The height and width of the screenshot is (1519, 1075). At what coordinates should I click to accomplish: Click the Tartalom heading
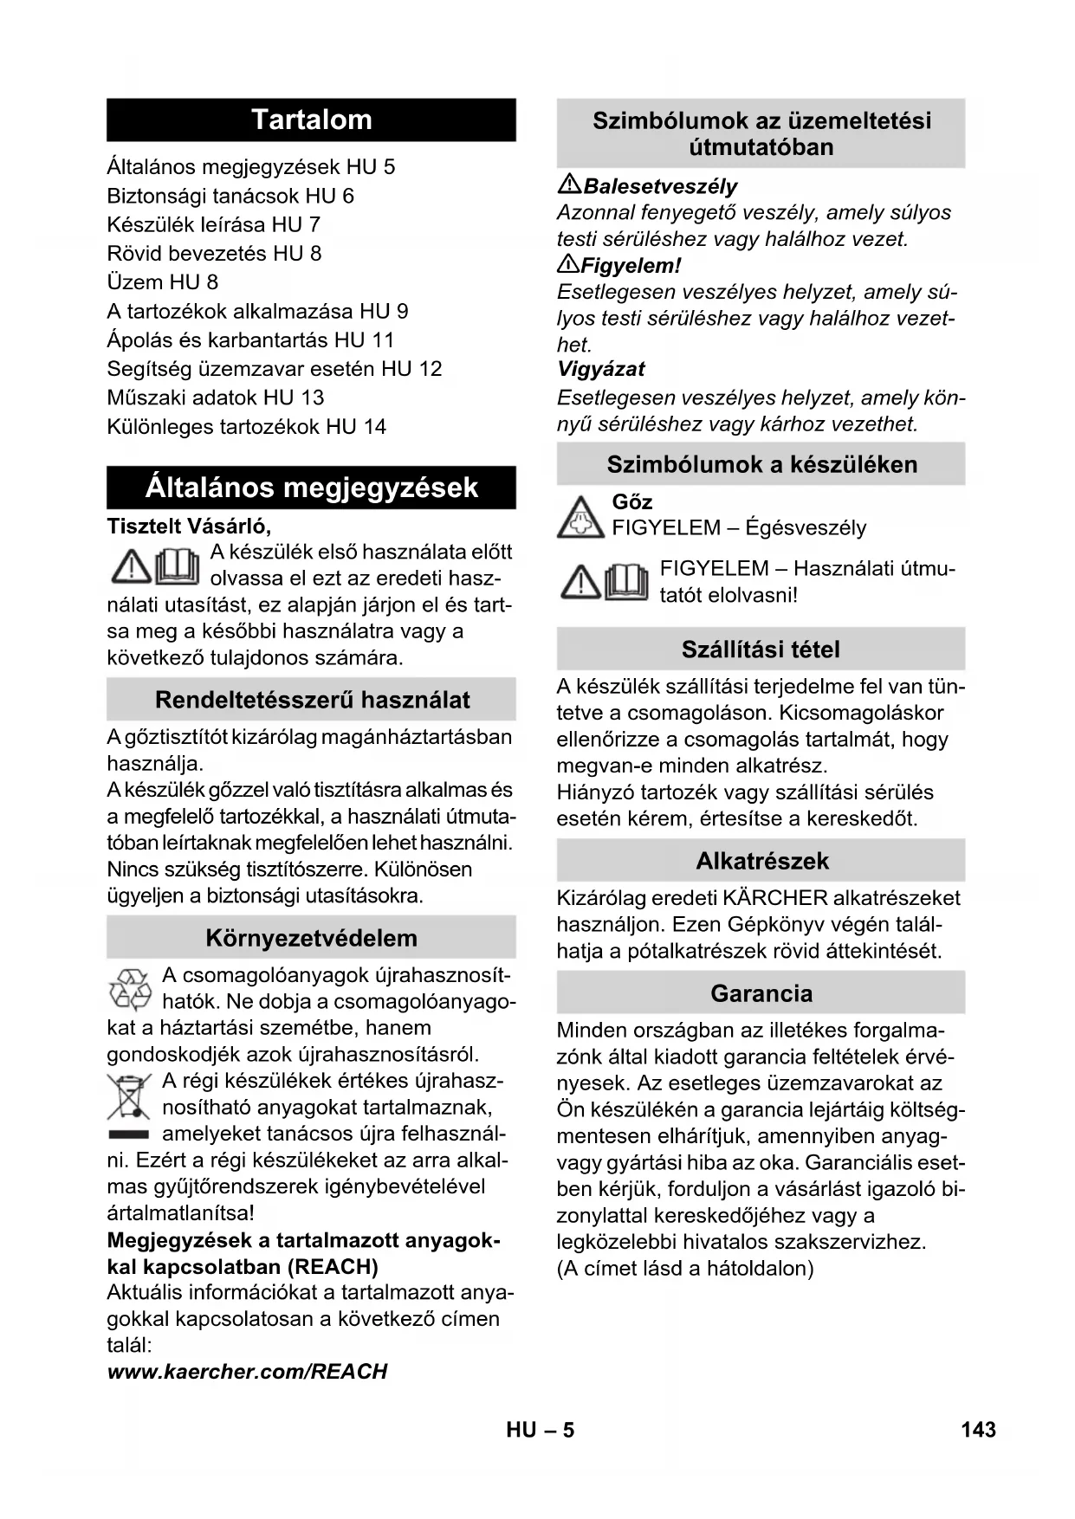click(311, 120)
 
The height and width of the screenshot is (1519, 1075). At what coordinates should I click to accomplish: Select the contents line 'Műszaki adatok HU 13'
click(215, 398)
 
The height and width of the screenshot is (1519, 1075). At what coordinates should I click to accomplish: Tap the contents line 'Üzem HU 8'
click(162, 282)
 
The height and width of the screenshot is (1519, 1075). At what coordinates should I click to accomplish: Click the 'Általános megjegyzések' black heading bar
click(311, 488)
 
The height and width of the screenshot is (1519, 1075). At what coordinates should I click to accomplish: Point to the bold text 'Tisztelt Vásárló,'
click(189, 526)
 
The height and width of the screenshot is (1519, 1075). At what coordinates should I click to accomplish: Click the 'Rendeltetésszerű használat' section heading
click(312, 700)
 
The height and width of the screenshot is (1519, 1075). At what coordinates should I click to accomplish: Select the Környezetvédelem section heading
click(311, 938)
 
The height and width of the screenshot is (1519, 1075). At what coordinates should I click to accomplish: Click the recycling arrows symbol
click(130, 990)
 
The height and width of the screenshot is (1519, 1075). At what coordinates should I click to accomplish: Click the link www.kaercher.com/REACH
click(247, 1372)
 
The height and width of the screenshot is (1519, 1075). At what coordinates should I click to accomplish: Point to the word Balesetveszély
click(660, 186)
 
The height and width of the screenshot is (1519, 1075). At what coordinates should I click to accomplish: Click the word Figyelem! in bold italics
click(631, 265)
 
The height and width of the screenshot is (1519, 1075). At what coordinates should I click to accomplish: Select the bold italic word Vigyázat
click(601, 369)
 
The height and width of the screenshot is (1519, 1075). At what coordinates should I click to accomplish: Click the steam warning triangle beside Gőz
click(580, 516)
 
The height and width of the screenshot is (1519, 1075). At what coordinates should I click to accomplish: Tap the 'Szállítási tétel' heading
click(761, 650)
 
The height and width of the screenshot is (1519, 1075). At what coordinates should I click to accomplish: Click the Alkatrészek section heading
click(761, 861)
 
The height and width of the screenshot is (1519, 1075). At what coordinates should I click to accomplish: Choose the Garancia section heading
click(761, 993)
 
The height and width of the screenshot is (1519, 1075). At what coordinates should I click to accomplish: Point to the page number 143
click(978, 1430)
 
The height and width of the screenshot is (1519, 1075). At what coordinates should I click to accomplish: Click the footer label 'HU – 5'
click(541, 1430)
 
